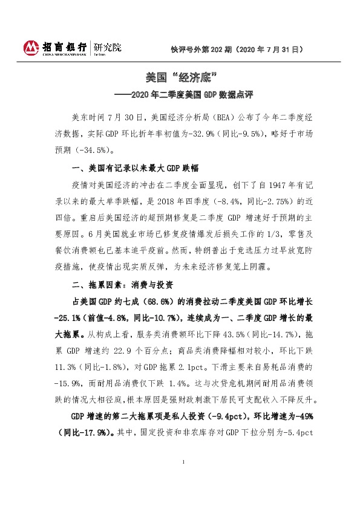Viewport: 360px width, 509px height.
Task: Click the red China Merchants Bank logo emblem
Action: [x=30, y=48]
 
